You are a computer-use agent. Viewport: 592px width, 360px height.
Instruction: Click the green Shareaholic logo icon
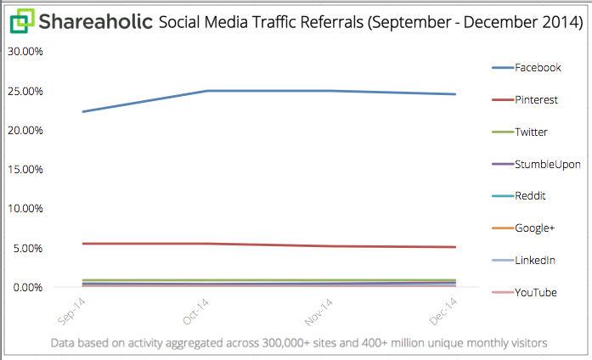pos(21,20)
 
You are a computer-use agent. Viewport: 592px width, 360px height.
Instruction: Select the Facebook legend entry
pos(538,67)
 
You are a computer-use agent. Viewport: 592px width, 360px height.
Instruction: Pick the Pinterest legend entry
pos(536,99)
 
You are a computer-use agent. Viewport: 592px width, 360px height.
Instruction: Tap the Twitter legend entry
pos(531,132)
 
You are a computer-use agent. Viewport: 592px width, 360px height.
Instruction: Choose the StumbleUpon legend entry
pos(548,164)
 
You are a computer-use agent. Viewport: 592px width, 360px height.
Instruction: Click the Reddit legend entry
pos(530,195)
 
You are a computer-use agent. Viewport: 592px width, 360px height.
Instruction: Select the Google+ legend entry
pos(533,228)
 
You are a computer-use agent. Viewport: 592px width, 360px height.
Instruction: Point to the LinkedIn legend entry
pos(535,260)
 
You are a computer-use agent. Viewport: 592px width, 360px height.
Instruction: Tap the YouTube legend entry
pos(536,292)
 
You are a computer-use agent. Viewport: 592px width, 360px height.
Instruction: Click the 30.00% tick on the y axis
pos(25,51)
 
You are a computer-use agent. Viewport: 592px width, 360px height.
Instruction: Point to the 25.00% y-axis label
pos(25,91)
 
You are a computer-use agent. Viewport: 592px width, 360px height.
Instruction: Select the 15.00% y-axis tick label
pos(25,169)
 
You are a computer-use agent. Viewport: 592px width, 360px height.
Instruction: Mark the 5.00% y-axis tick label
pos(27,248)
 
